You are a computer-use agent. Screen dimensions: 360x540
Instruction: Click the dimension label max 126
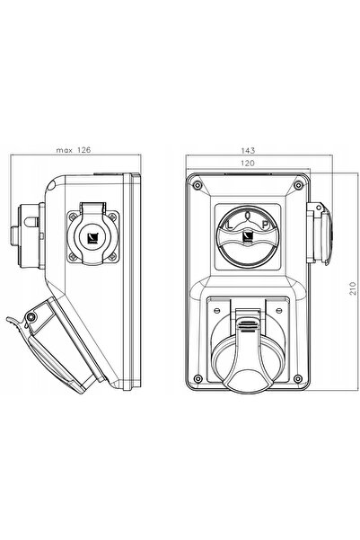tap(74, 150)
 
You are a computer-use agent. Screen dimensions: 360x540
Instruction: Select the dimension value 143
tap(248, 150)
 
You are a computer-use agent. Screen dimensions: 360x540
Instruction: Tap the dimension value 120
tap(248, 163)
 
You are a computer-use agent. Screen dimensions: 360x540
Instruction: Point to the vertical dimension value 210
tap(353, 288)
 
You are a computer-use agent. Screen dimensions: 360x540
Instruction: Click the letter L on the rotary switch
tap(230, 226)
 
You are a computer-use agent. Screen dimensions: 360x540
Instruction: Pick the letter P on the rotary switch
tap(265, 225)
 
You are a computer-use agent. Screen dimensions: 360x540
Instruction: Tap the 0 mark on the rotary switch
tap(248, 216)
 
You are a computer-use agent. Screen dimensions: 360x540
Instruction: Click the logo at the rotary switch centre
tap(248, 236)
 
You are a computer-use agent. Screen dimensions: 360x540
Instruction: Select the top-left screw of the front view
tap(197, 185)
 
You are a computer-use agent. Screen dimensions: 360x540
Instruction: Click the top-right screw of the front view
tap(298, 185)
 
